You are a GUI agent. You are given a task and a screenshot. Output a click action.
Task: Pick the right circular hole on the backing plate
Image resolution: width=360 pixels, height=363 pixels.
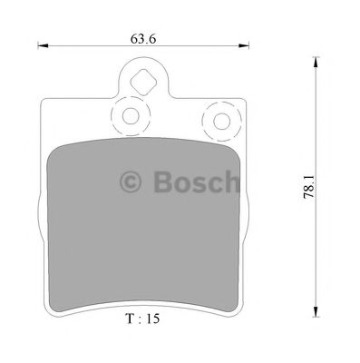point(220,120)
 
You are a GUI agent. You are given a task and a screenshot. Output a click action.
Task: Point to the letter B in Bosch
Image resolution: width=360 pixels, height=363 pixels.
point(164,185)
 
